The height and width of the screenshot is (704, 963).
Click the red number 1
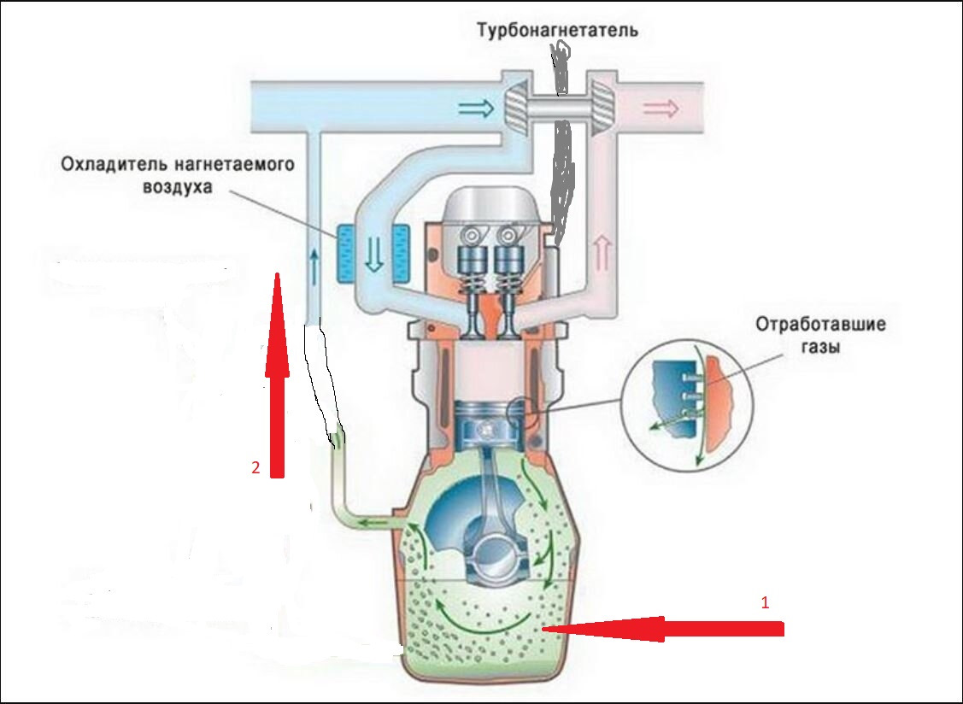pos(765,601)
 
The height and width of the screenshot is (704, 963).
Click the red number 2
pos(255,467)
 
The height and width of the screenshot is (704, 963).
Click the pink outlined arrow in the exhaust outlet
pos(661,109)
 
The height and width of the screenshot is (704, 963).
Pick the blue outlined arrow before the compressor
pos(476,108)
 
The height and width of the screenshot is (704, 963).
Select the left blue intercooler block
pos(346,254)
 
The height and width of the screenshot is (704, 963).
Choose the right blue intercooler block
pos(399,254)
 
